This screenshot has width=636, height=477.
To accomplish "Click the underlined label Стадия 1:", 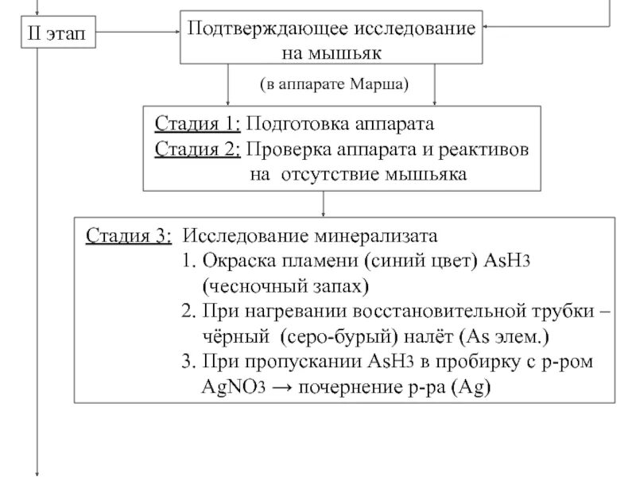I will click(x=197, y=125).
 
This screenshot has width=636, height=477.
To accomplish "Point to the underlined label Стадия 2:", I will click(x=197, y=149).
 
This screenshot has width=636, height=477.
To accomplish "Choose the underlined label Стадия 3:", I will click(x=127, y=237).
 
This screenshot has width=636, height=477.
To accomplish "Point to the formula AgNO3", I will click(x=234, y=387).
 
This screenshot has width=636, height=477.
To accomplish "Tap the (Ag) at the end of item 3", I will click(x=476, y=387).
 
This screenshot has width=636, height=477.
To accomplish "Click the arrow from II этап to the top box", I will click(x=135, y=33).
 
